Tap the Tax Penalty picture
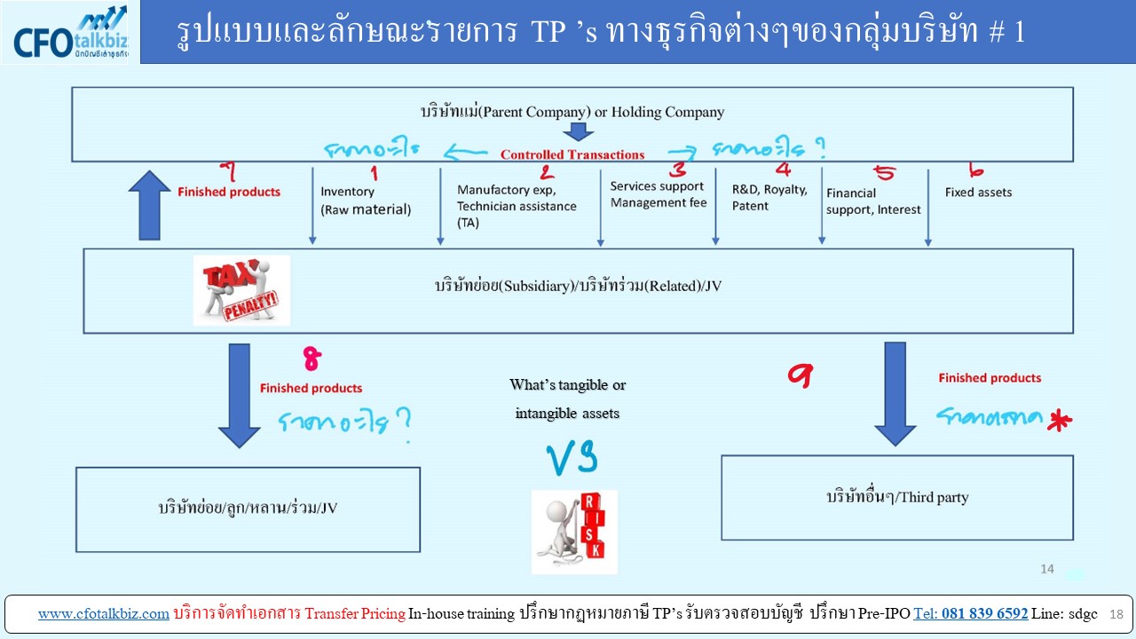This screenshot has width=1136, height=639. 241,290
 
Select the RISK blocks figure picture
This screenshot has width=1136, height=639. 573,531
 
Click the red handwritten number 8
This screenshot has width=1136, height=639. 312,359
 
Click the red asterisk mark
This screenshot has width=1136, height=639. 1056,422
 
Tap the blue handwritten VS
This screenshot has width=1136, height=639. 571,457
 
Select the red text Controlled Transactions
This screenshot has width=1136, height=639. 572,154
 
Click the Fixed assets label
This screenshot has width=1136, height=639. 978,192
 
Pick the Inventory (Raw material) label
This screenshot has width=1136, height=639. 366,201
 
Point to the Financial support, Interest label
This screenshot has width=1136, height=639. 873,201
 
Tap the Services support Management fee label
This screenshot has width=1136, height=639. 658,194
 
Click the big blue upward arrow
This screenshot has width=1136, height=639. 148,205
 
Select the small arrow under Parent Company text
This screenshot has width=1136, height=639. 578,131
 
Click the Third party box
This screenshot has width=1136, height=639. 896,497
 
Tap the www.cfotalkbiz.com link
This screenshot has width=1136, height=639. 103,613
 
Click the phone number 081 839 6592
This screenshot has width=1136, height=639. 971,613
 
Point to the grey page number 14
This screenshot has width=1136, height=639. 1046,569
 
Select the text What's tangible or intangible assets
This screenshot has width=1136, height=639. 568,398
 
